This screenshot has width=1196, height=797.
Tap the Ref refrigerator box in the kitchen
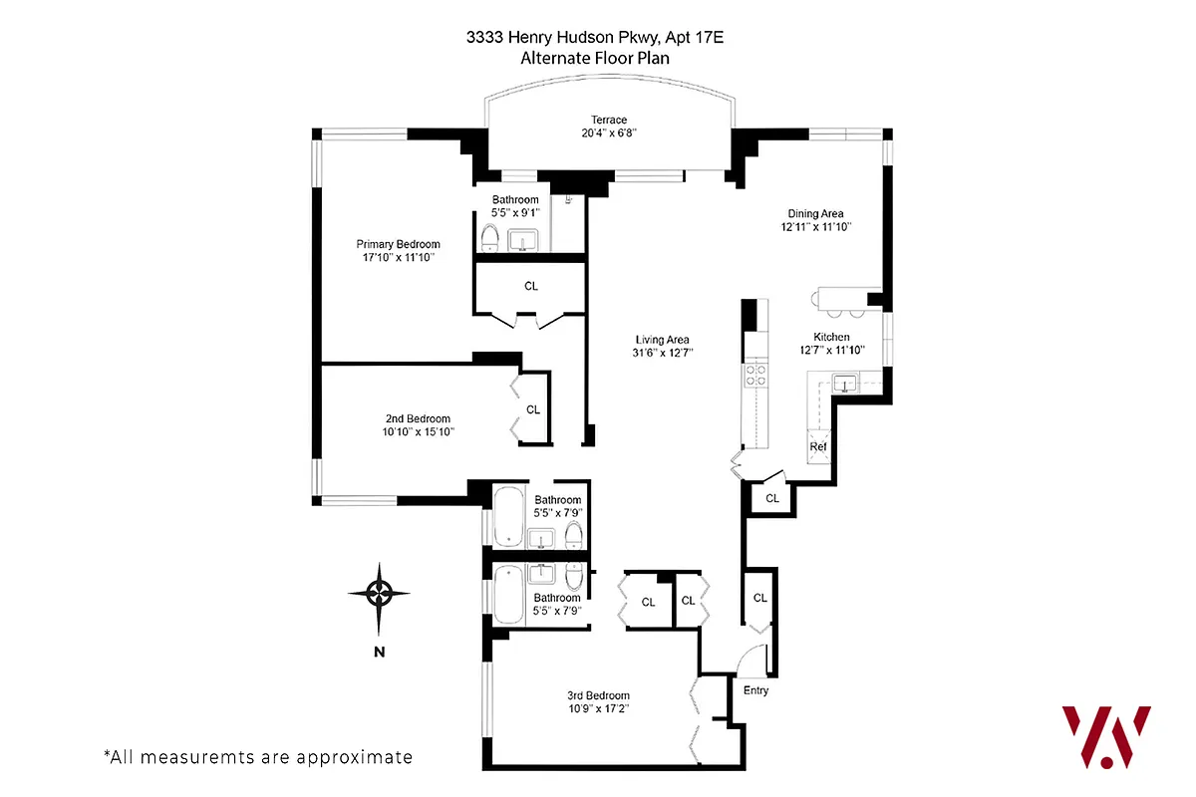818,447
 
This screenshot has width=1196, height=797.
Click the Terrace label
608,120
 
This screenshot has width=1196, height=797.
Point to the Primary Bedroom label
398,244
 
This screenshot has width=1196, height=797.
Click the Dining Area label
816,213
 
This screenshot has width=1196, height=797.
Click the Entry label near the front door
756,690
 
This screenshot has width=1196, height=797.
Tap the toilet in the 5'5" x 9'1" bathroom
489,238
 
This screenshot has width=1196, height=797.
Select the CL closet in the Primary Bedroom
530,287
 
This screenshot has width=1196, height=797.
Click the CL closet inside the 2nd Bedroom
533,409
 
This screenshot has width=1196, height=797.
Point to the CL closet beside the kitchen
772,498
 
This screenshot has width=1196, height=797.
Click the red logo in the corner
1105,736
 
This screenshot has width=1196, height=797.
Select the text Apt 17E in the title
703,38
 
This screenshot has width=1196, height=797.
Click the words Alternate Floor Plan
595,58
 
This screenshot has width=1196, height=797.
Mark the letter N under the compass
379,653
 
